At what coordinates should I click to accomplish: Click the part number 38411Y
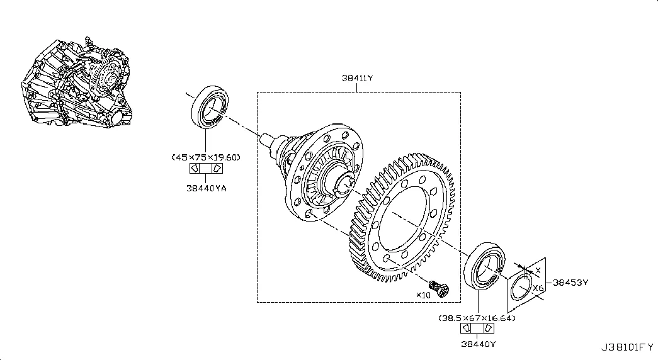pos(357,78)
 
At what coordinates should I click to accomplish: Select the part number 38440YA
pos(207,188)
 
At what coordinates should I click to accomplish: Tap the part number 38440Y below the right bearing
pos(479,344)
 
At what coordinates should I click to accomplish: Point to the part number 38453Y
pos(570,283)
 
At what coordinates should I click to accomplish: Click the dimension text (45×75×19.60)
pos(206,157)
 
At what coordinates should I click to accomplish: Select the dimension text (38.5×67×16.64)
pos(477,318)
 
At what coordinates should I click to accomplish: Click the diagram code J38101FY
pos(627,347)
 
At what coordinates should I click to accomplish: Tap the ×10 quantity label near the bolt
pos(423,295)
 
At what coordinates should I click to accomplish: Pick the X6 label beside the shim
pos(538,288)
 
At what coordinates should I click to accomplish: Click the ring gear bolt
pos(440,288)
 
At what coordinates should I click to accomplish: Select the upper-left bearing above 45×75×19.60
pos(210,107)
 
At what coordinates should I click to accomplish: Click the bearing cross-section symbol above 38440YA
pos(206,168)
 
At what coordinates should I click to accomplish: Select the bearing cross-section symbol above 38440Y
pos(477,328)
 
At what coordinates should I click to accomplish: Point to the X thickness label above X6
pos(538,271)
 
